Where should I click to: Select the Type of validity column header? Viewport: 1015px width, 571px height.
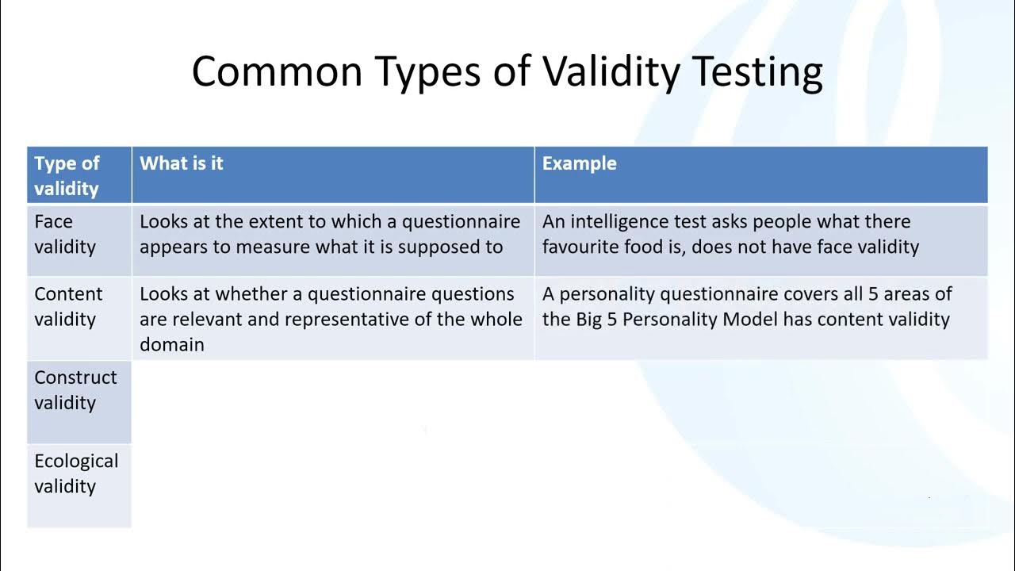coord(67,175)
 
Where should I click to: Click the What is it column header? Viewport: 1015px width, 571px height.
coord(182,163)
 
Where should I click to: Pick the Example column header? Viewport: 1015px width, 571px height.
coord(579,163)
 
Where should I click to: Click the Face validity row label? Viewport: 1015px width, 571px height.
coord(64,234)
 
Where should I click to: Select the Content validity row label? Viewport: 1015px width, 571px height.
coord(68,306)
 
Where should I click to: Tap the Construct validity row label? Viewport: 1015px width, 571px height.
coord(75,389)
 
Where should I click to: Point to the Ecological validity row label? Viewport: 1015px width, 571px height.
coord(75,473)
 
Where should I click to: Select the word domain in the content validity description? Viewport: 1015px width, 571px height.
coord(172,344)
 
